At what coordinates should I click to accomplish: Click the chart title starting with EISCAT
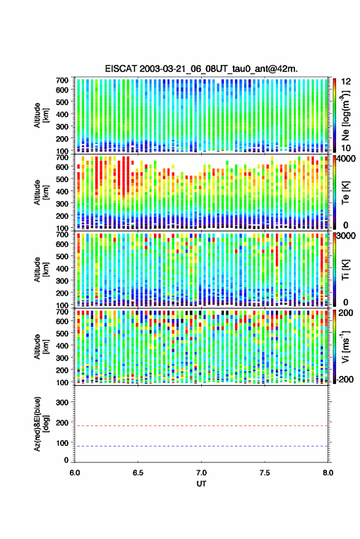coord(201,69)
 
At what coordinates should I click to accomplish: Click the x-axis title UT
coord(201,484)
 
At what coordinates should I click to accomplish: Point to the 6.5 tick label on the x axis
coord(138,473)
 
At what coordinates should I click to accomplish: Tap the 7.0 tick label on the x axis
coord(201,473)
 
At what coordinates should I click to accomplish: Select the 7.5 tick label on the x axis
coord(264,473)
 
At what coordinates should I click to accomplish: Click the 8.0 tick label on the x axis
coord(327,473)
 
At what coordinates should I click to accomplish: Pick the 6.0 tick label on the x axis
coord(75,473)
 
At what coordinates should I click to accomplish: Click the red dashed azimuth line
coord(201,426)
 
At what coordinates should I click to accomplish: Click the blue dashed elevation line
coord(201,446)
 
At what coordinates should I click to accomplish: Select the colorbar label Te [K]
coord(345,193)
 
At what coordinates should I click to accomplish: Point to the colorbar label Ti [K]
coord(345,270)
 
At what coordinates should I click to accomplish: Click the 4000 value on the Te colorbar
coord(347,159)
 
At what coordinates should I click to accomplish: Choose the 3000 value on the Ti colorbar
coord(347,236)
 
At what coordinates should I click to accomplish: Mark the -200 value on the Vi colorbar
coord(345,380)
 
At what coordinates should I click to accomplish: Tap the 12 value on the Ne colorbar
coord(347,82)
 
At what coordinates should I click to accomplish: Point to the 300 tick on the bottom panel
coord(62,402)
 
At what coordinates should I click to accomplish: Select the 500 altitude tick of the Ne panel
coord(62,102)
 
